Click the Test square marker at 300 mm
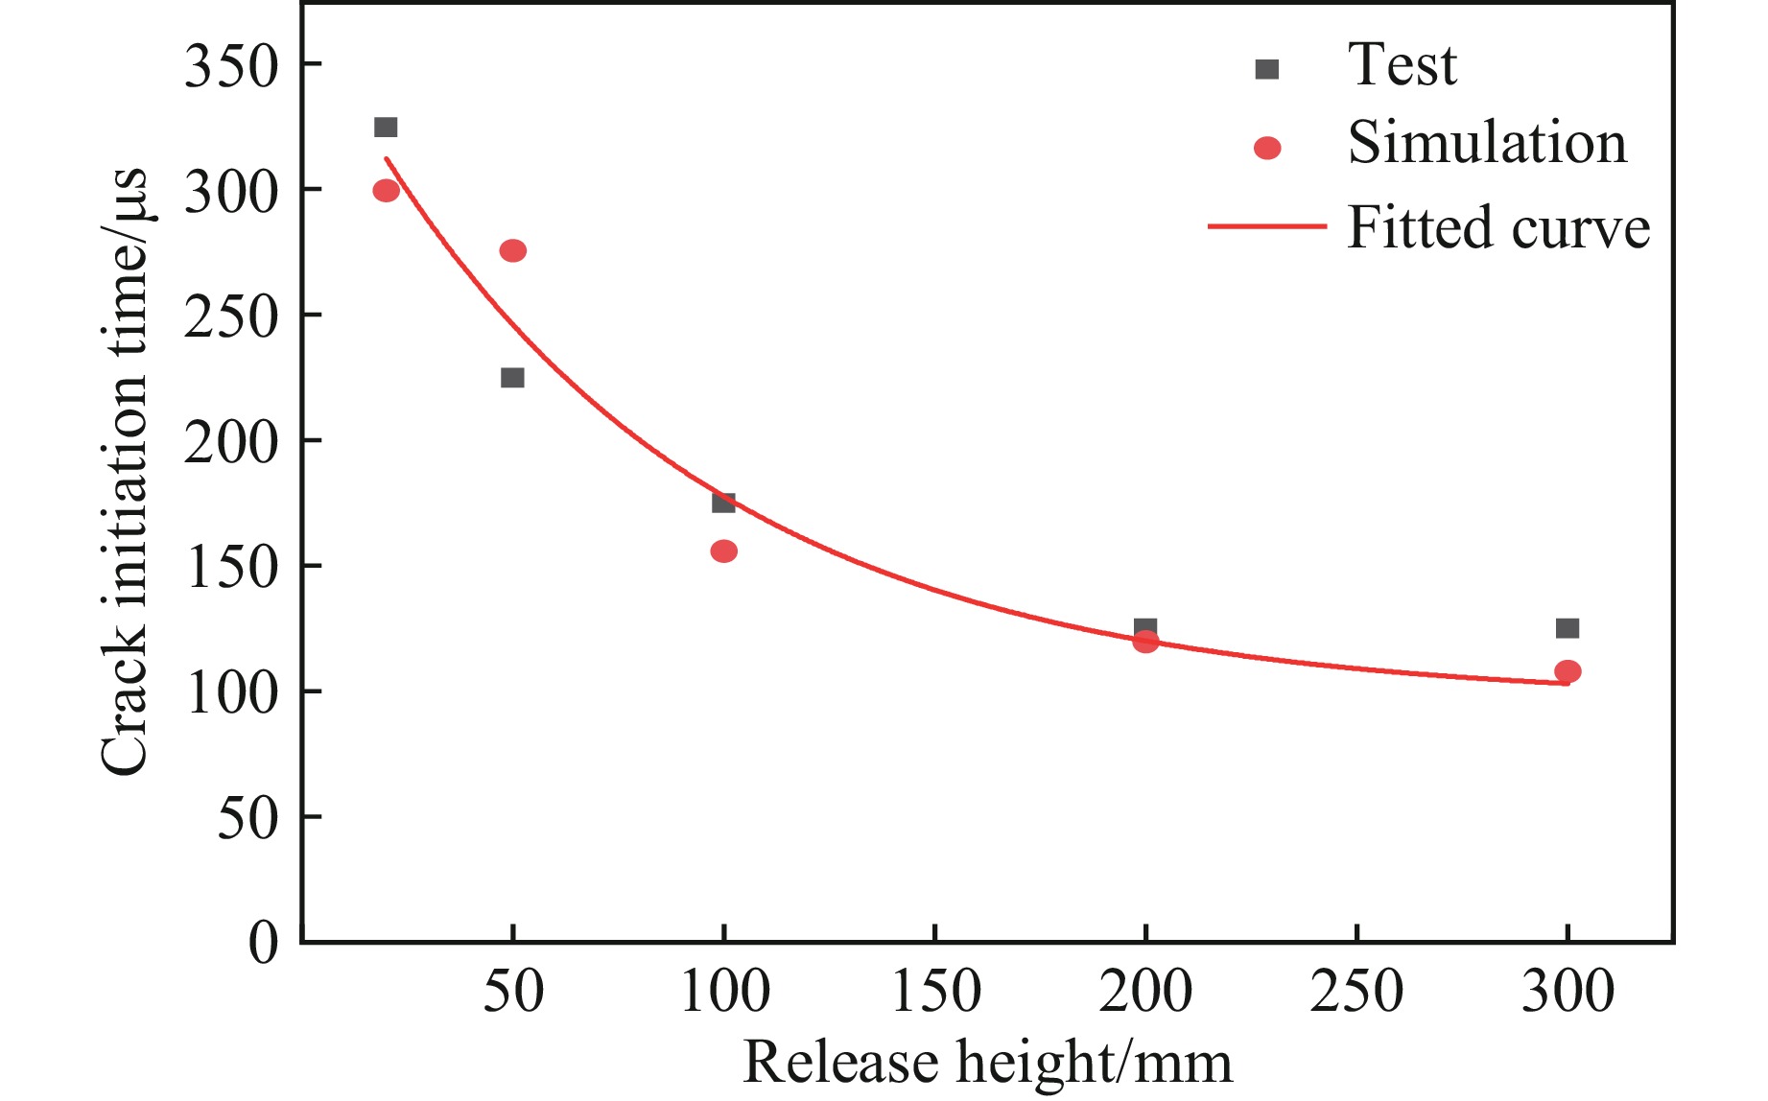coord(1567,628)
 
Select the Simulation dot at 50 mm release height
coord(513,251)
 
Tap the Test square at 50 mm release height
coord(512,378)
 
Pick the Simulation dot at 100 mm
coord(724,551)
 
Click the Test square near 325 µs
coord(386,128)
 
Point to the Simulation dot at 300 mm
coord(1568,671)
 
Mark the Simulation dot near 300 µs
coord(386,191)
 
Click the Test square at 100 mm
coord(723,503)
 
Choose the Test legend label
coord(1402,65)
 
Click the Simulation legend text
coord(1487,144)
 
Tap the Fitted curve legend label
coord(1497,228)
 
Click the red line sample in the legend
coord(1266,227)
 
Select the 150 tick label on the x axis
coord(935,992)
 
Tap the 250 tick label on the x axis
coord(1356,992)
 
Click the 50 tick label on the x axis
coord(513,992)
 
